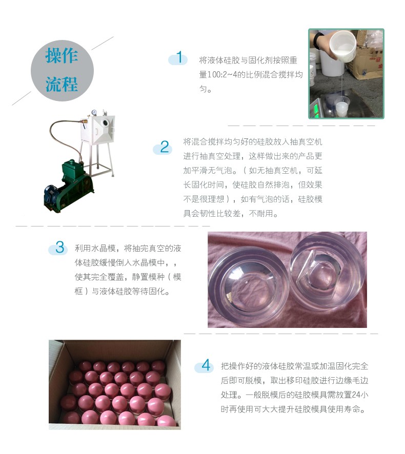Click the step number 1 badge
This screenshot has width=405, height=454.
point(178,58)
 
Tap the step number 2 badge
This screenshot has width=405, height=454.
point(164,148)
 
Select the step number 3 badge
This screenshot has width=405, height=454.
point(59,248)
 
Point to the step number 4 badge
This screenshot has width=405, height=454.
point(206,366)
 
